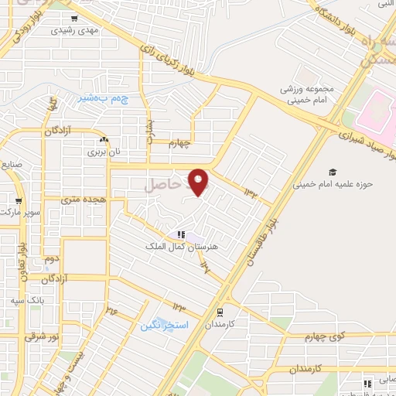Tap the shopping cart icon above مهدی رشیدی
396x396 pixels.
click(73, 19)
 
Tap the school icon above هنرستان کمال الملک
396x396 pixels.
click(180, 234)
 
